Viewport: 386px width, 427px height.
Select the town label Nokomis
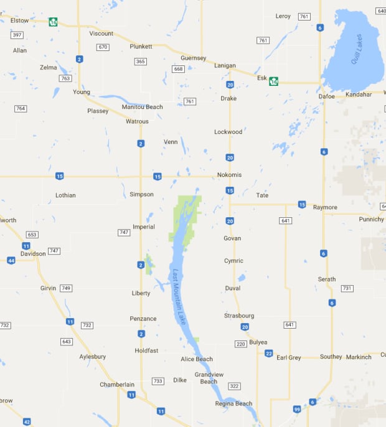[229, 175]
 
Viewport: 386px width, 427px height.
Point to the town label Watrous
[137, 121]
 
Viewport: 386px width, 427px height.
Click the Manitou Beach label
[142, 107]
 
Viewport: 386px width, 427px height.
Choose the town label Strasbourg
[239, 316]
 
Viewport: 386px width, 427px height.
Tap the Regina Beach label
[234, 403]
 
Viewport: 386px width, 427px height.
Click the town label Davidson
[33, 253]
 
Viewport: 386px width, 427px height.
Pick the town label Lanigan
[225, 65]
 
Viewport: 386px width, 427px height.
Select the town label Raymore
[325, 207]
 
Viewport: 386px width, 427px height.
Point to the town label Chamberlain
[117, 385]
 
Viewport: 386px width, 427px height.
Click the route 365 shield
[141, 61]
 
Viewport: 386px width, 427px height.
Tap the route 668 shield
[179, 69]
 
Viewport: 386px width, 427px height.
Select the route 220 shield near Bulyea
[241, 344]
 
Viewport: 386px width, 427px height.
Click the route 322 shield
[233, 387]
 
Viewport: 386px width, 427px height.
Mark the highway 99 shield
[297, 409]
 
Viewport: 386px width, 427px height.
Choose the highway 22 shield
[268, 353]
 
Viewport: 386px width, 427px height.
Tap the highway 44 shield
[11, 260]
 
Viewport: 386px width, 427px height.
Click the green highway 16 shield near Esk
[273, 81]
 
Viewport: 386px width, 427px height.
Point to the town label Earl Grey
[289, 357]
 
